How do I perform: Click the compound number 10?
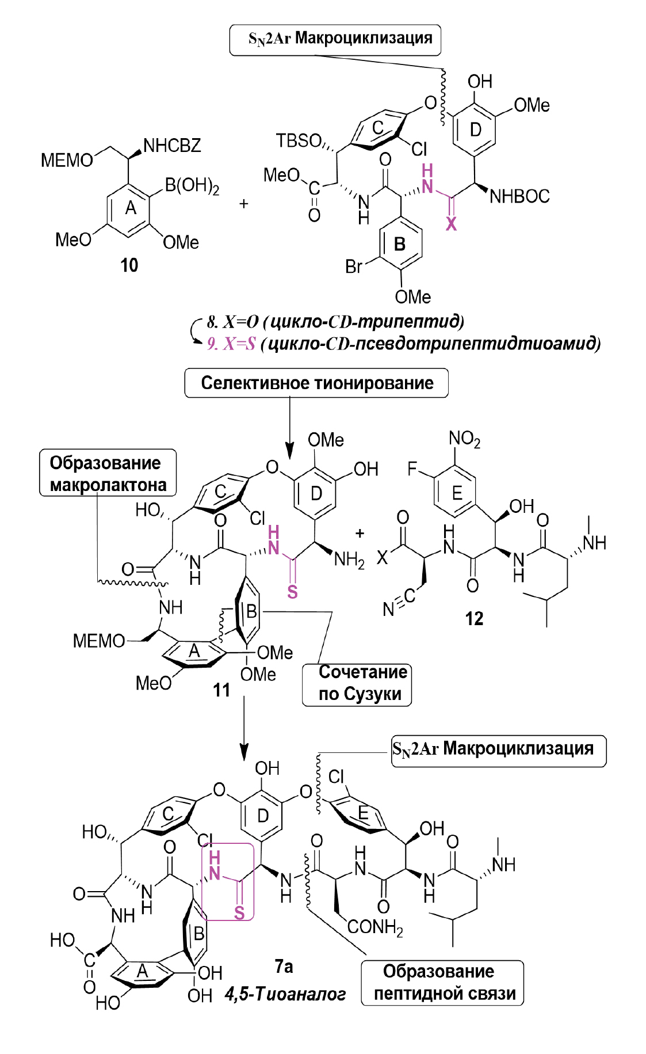(129, 265)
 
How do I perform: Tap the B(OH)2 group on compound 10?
(192, 186)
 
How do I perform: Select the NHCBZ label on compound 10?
(172, 146)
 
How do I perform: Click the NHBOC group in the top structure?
(519, 197)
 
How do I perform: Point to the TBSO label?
(298, 140)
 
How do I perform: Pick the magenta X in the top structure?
(452, 224)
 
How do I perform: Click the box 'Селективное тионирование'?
(316, 383)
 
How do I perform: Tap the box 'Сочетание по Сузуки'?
(357, 683)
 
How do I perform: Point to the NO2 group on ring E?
(464, 440)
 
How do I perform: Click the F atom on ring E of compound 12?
(412, 469)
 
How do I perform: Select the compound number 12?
(474, 619)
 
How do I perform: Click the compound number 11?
(221, 690)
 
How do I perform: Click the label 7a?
(284, 966)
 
